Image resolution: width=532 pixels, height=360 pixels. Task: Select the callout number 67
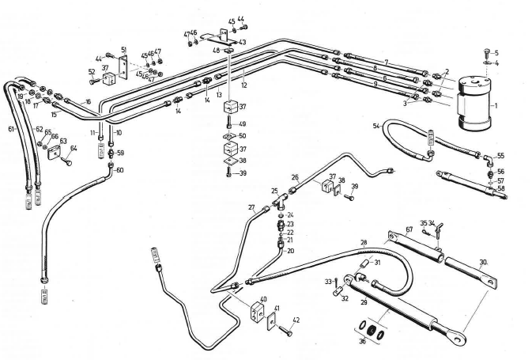point(409,229)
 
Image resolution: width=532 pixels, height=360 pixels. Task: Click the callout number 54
point(375,125)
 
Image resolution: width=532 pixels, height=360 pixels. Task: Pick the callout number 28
point(364,242)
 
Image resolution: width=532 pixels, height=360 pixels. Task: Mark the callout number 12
point(246,85)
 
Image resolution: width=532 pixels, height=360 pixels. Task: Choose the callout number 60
point(119,169)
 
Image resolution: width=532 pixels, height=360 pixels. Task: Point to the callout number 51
point(123,49)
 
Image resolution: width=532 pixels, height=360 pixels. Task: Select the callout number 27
point(251,208)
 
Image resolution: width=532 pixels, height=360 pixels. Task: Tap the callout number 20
point(290,251)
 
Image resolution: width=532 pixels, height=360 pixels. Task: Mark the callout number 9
point(375,84)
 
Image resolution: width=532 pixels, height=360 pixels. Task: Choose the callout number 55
point(500,156)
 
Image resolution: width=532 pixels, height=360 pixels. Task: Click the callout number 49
point(243,124)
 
